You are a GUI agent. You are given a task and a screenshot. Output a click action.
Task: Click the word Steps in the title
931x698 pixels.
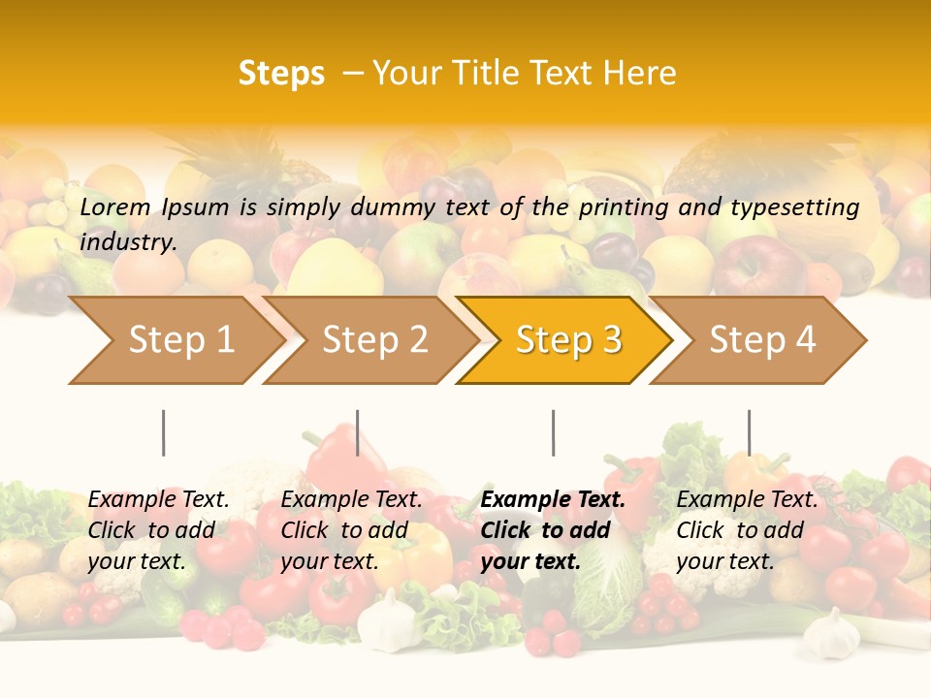click(281, 74)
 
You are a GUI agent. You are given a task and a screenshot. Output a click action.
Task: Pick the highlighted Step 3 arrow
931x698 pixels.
click(568, 340)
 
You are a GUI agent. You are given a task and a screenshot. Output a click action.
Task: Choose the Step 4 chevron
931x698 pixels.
click(762, 340)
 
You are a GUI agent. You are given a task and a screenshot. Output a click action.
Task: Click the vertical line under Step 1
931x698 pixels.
click(164, 432)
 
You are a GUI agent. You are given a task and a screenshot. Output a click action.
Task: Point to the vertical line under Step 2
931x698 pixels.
click(358, 432)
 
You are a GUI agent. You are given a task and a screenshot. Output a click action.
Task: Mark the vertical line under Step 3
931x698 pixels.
click(553, 432)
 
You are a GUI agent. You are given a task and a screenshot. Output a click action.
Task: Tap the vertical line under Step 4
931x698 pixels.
click(749, 432)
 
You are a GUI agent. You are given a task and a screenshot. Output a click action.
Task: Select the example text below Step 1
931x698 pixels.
click(158, 530)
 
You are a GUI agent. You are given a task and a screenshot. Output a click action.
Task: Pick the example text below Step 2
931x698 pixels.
click(351, 530)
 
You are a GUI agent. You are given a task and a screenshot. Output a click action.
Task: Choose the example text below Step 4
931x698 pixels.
click(747, 530)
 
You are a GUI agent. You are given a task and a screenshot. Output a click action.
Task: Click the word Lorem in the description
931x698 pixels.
click(115, 207)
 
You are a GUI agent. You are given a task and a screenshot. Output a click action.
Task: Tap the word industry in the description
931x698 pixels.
click(128, 242)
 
